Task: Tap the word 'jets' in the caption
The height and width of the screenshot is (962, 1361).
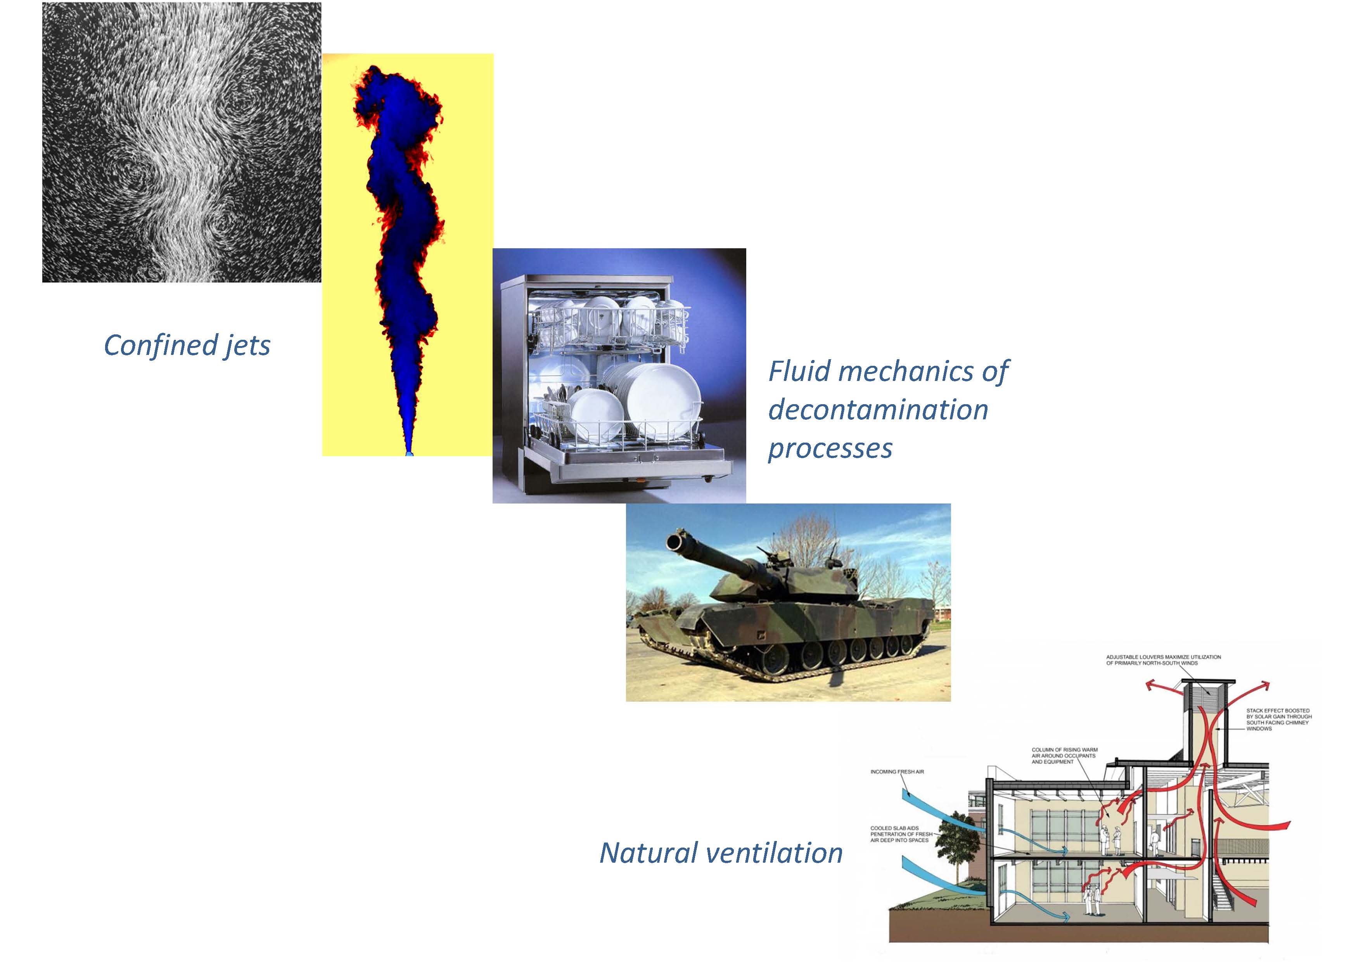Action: (x=247, y=346)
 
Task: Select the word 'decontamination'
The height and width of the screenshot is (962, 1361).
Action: (x=878, y=410)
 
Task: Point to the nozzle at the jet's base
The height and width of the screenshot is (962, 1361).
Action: (x=408, y=452)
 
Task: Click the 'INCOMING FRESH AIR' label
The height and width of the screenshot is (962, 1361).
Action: (x=897, y=772)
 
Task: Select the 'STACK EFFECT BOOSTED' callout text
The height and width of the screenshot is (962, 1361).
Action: (x=1279, y=720)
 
